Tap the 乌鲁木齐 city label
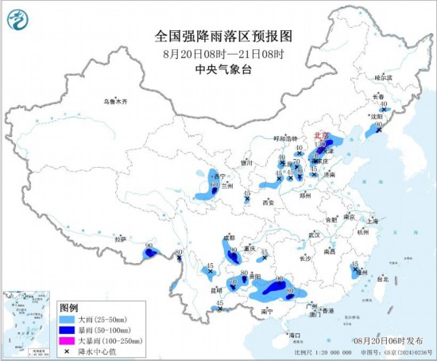pos(114,102)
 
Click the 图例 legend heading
pos(69,308)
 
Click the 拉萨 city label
pos(120,239)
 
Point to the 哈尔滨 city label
pos(383,78)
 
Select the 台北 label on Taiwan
pos(382,279)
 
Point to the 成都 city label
pos(229,237)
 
